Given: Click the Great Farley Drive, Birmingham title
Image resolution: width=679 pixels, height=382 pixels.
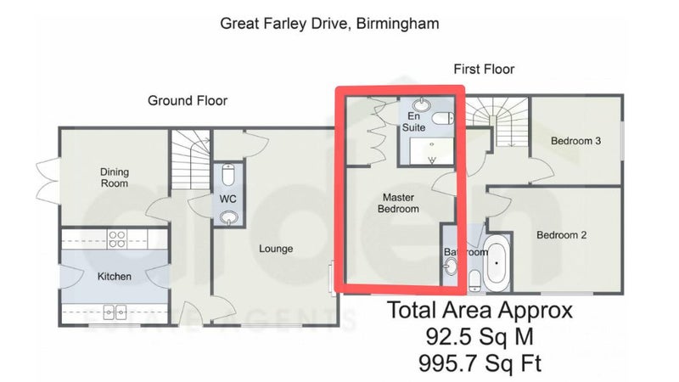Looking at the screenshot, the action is coord(329,24).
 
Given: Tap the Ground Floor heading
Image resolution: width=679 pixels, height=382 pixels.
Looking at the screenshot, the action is coord(188,100).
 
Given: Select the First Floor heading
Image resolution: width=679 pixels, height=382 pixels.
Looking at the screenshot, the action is coord(484,69).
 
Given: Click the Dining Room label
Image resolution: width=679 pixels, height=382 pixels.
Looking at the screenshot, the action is coord(115,177).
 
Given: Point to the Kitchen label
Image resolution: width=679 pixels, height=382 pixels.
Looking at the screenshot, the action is coord(115,277).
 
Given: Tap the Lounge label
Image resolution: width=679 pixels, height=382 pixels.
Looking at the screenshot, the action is coord(276,249).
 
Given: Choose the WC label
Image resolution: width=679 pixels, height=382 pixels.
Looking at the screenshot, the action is coord(227,199).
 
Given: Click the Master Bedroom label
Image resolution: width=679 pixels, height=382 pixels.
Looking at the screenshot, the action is coord(398,203).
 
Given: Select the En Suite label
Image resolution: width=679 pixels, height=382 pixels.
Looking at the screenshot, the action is coord(413,121).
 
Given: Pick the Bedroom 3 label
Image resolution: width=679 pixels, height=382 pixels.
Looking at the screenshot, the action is coord(576,141).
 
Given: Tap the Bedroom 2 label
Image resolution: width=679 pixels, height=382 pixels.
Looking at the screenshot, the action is coord(562,235).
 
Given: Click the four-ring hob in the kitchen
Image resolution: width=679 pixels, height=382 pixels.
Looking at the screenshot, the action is coord(117,239).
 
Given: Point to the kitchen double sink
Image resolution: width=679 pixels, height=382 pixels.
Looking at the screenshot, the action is coord(115,312).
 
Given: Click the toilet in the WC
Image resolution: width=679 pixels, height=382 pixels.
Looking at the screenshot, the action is coord(228,174).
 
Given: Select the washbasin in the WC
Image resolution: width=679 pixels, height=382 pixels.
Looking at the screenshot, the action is coord(228,217).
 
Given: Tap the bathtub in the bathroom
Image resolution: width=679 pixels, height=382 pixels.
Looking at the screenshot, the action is coord(497,263).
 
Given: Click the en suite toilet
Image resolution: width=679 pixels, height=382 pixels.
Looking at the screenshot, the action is coord(442,118).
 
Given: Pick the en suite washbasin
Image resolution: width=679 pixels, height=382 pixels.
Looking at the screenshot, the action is coord(421,104).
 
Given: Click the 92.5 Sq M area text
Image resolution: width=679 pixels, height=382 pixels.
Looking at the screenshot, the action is coord(480,336).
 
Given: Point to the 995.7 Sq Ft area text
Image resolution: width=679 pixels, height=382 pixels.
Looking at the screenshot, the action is coord(480,363).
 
